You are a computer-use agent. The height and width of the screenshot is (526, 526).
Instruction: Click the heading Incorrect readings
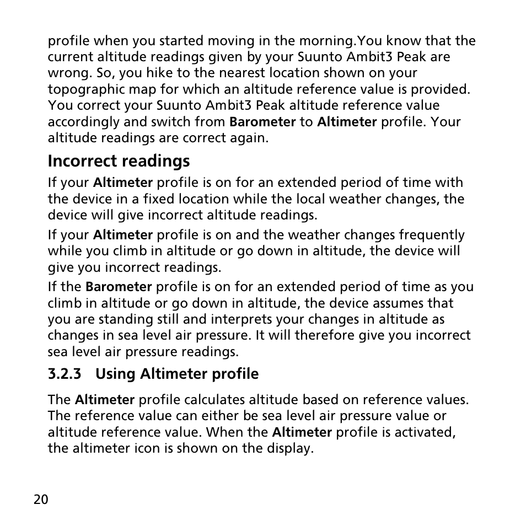point(119,161)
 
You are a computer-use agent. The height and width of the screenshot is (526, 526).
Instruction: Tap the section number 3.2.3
point(65,374)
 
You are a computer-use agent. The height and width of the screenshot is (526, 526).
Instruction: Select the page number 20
point(41,500)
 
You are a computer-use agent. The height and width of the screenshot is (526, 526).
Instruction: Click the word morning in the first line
point(325,41)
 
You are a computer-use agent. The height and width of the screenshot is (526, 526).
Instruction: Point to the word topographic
point(80,89)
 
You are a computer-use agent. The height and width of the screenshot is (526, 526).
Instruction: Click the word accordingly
point(82,122)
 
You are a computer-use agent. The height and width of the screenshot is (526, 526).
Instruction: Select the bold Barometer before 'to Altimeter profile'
point(262,122)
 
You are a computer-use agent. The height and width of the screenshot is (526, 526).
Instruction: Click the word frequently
point(432,235)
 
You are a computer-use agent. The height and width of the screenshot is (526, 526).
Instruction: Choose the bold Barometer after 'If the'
point(119,287)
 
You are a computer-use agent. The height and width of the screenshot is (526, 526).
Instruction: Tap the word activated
point(426,432)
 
